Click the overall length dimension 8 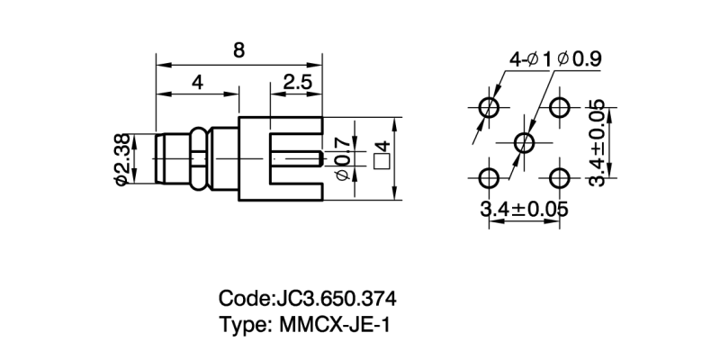pos(238,50)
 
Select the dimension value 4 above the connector pos(197,83)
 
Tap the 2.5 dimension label pos(297,83)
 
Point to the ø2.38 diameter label pos(122,159)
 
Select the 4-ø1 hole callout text pos(531,59)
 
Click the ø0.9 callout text pos(580,59)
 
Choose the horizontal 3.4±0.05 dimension pos(525,210)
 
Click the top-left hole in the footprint pos(490,108)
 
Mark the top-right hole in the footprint pos(560,108)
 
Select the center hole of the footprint pos(525,142)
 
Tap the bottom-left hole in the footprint pos(490,176)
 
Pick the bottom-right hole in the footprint pos(560,176)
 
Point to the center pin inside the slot pos(297,161)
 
